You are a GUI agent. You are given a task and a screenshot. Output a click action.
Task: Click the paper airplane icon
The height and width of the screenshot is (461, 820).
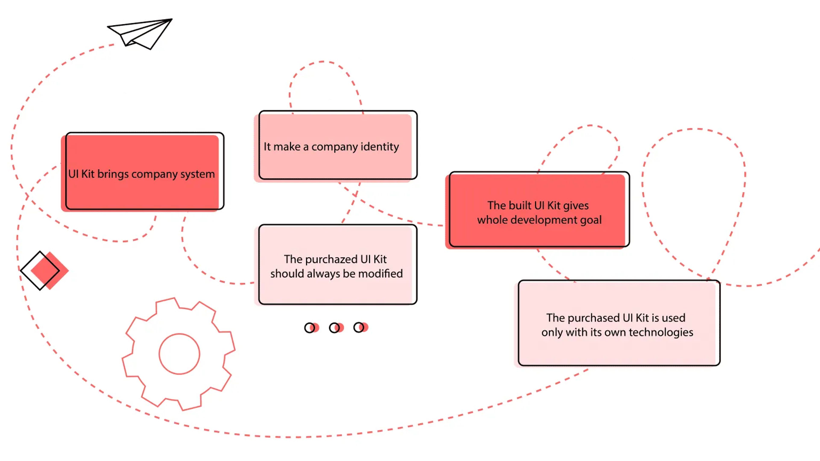tap(140, 34)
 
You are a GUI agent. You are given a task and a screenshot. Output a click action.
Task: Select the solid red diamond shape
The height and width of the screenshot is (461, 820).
tap(50, 270)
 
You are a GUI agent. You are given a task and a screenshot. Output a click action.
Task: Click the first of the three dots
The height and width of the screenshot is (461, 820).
tap(312, 328)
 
